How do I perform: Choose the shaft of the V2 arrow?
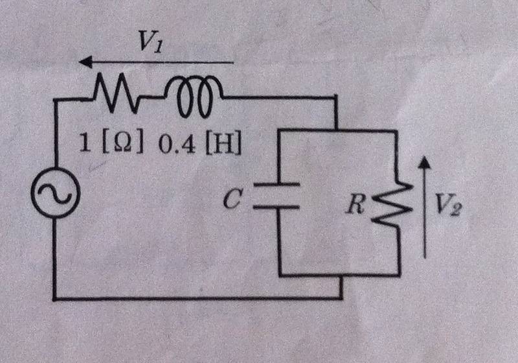point(424,214)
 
